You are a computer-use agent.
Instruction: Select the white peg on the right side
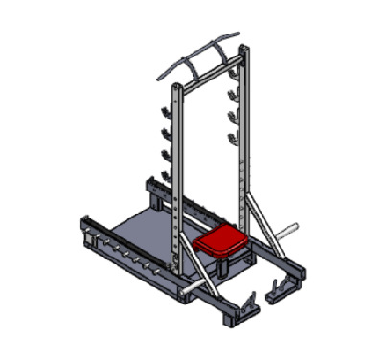[286, 231]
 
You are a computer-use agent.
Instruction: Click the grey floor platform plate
[144, 235]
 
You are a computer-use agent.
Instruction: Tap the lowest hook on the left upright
[165, 176]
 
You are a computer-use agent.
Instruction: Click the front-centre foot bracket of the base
[246, 306]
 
